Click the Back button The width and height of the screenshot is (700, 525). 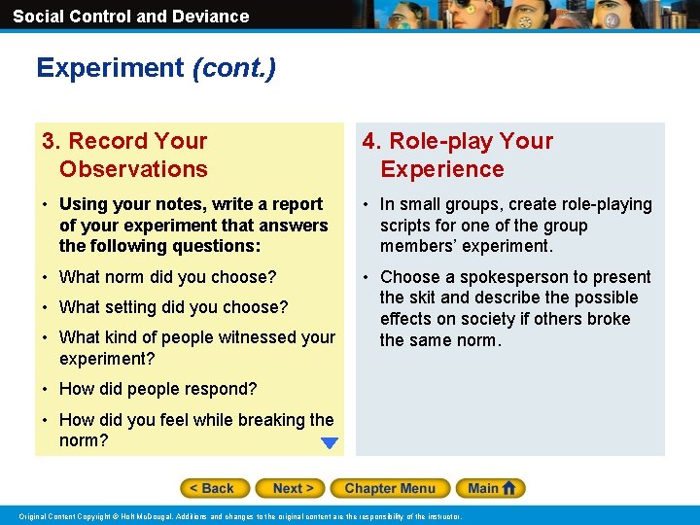click(215, 488)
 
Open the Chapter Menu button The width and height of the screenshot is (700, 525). click(389, 488)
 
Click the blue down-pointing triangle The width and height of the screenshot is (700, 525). click(330, 443)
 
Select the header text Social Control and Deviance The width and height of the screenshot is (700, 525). click(130, 17)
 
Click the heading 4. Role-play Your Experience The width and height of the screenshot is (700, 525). click(457, 155)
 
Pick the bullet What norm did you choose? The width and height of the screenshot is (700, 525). click(167, 277)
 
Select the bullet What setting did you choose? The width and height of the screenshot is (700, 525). click(173, 307)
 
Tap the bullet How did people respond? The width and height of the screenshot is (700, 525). click(157, 389)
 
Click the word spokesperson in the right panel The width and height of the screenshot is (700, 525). click(507, 277)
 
